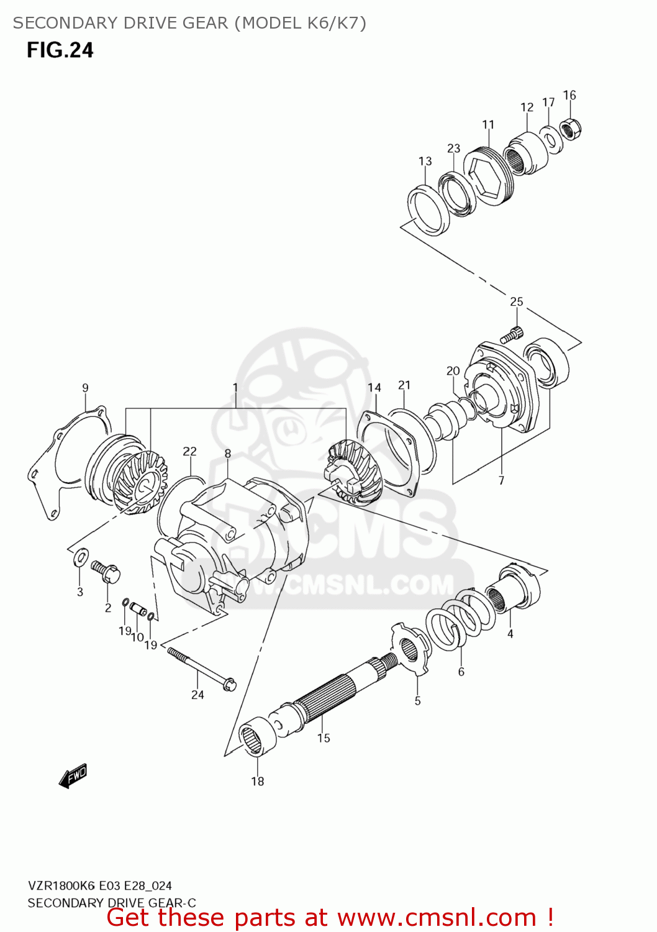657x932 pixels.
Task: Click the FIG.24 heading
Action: [x=60, y=50]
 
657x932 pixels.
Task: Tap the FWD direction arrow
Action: [x=73, y=776]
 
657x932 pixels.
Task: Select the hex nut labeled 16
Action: [x=571, y=129]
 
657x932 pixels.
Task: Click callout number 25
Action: [x=516, y=302]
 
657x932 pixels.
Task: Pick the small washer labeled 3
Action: [x=81, y=557]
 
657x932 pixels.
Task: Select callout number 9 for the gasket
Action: [x=85, y=388]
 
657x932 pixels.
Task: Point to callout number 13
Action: [x=425, y=162]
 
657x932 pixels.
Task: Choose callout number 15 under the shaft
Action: [x=324, y=738]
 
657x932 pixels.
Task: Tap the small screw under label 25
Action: [x=512, y=335]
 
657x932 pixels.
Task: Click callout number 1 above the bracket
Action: [x=235, y=388]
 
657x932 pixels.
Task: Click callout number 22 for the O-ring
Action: [x=189, y=452]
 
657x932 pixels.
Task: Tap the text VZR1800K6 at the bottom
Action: [x=61, y=886]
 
